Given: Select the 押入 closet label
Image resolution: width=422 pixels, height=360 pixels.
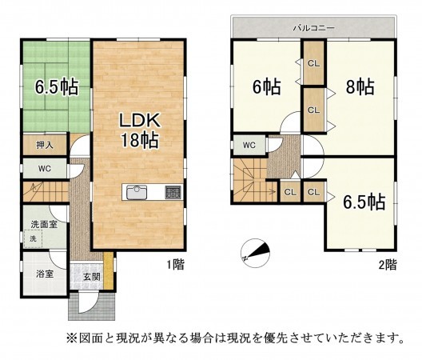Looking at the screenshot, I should point(45,145).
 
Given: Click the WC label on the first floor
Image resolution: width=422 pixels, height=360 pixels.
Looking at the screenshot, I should point(45,168).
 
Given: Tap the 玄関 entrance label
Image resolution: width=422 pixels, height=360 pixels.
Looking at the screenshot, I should point(90,278).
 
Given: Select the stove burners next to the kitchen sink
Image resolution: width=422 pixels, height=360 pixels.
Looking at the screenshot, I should point(173,193).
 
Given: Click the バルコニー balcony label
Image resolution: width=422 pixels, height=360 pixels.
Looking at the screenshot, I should point(313,27).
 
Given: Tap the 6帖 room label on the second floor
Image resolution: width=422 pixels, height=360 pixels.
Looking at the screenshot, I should point(267,87).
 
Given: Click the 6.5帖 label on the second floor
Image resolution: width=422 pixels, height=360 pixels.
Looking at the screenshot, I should point(364,200).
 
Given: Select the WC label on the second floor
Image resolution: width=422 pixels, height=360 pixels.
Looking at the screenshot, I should point(249,145).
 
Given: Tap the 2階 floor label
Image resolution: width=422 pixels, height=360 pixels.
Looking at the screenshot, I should point(387,265).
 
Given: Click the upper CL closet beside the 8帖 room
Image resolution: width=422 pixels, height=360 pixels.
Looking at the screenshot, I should point(313,64).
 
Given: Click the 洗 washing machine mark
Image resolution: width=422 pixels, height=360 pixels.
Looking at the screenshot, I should point(33,239).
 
